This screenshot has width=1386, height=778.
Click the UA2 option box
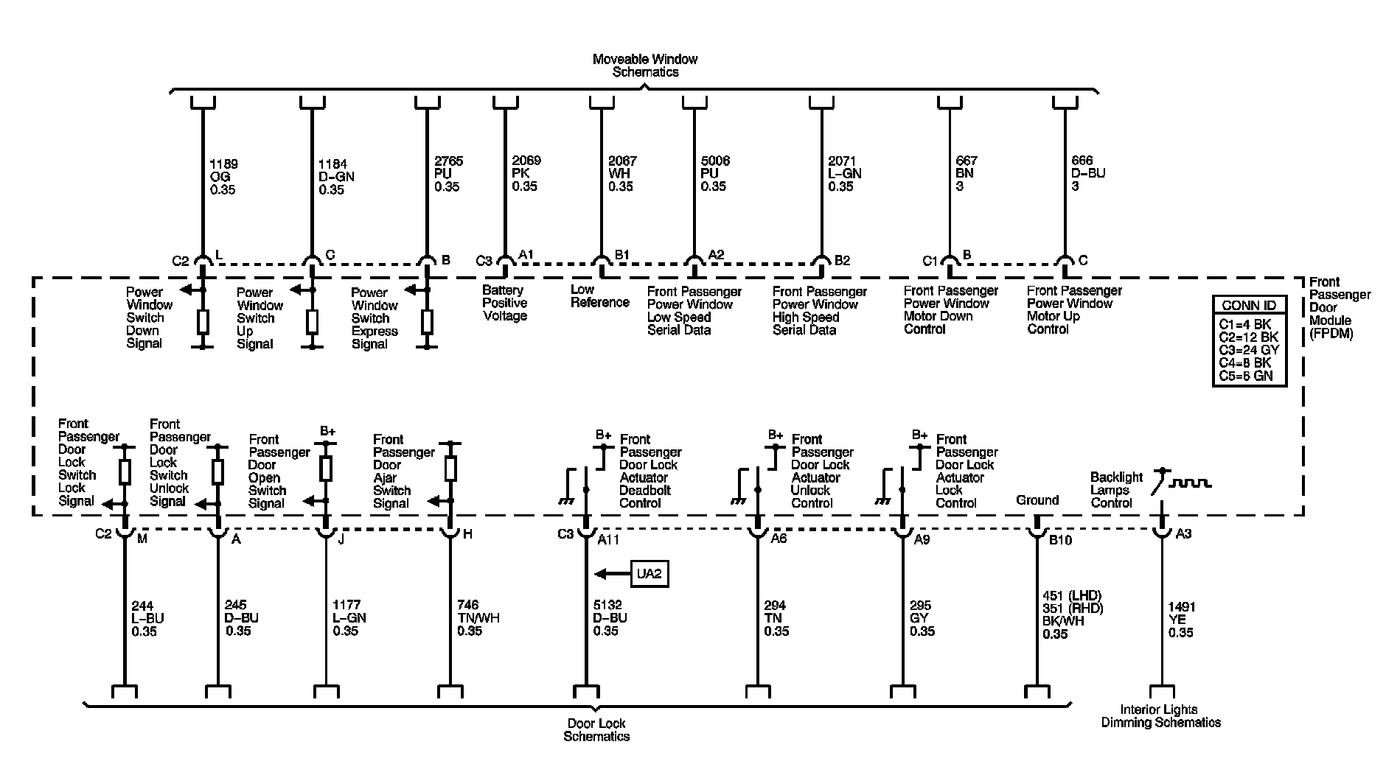point(649,574)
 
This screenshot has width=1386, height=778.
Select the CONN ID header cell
point(1249,306)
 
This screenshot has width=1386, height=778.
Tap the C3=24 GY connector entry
point(1249,350)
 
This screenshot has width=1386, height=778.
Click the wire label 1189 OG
point(223,177)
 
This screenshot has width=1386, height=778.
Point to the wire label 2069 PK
point(526,173)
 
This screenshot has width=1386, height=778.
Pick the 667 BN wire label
point(966,173)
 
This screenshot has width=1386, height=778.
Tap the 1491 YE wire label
point(1182,620)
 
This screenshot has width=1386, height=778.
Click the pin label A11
point(608,540)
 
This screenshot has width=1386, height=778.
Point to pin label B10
point(1060,541)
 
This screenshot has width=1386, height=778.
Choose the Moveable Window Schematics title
point(645,66)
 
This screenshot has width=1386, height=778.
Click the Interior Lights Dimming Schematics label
point(1160,716)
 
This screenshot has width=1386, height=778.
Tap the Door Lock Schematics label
point(596,729)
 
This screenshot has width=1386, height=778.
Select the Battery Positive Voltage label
point(505,303)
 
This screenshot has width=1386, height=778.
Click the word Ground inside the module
point(1037,500)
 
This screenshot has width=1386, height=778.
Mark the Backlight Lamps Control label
point(1116,490)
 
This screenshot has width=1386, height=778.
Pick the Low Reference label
point(599,296)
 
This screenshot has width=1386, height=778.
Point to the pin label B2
point(842,260)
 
